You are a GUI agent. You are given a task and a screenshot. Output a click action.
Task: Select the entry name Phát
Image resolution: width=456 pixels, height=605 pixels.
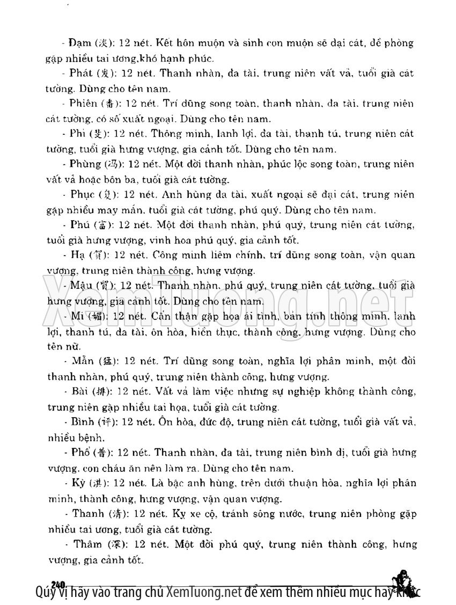click(x=80, y=72)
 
